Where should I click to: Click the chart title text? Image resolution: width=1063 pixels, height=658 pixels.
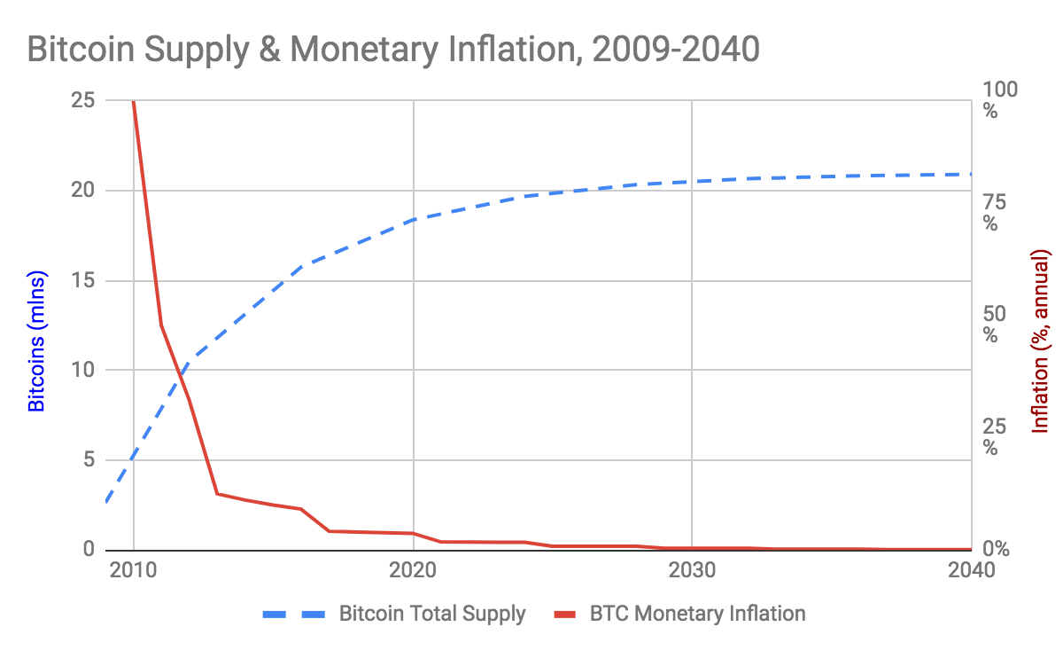point(393,50)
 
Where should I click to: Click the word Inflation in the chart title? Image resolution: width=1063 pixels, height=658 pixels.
point(512,50)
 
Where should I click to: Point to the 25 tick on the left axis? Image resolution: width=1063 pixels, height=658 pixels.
point(83,101)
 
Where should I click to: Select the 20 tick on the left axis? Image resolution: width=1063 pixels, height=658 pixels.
point(83,191)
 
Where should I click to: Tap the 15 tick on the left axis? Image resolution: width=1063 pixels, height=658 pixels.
point(83,280)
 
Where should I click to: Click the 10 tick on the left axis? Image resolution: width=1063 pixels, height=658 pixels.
point(83,370)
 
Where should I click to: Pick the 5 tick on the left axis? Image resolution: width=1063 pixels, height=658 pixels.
point(89,459)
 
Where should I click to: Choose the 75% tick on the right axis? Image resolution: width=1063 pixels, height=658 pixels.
point(997,212)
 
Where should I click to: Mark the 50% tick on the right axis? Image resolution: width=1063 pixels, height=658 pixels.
point(997,324)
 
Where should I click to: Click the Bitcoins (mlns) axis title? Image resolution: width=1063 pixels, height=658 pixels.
point(36,341)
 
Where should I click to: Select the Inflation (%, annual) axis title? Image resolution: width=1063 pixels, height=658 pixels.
point(1042,341)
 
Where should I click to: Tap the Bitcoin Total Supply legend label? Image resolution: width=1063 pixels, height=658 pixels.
point(432,614)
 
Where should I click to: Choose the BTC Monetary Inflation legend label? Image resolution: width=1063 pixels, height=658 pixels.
point(697,614)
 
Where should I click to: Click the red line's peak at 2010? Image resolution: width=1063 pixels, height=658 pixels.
point(134,102)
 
